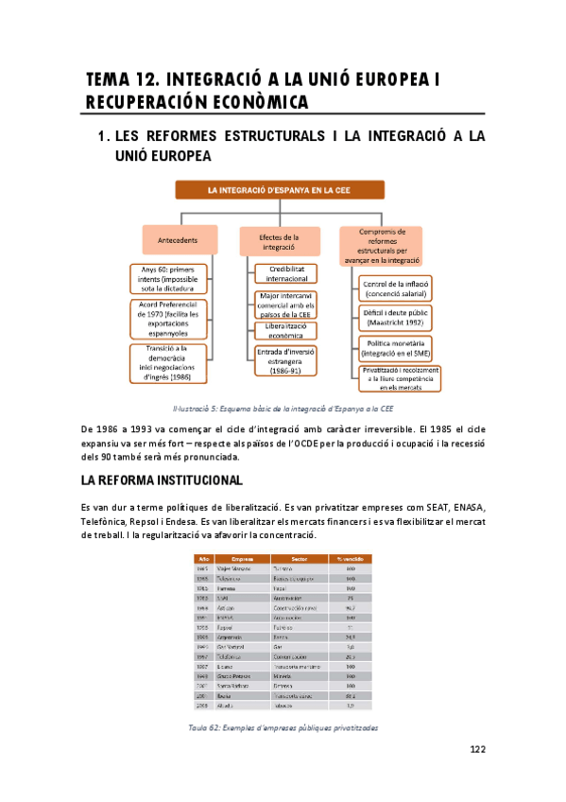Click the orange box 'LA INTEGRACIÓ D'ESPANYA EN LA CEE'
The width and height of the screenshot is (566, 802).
[282, 190]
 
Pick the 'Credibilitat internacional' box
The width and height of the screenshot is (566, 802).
[286, 274]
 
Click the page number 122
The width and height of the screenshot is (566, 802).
[477, 750]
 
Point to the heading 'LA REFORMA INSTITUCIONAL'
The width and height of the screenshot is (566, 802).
[163, 480]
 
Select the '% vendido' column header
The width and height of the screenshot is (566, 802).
[350, 558]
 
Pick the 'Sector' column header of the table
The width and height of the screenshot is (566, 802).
[299, 558]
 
